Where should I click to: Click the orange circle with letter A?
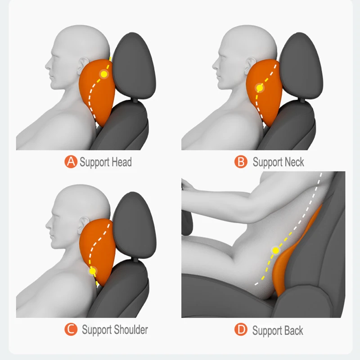(x=71, y=162)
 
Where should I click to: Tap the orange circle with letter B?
(x=242, y=162)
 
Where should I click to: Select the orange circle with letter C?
(x=71, y=330)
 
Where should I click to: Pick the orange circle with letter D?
(x=242, y=330)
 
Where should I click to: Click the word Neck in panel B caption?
(x=291, y=162)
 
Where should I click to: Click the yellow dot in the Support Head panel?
(x=104, y=74)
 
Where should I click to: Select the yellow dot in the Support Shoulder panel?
(x=93, y=271)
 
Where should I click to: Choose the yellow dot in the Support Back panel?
(x=275, y=250)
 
